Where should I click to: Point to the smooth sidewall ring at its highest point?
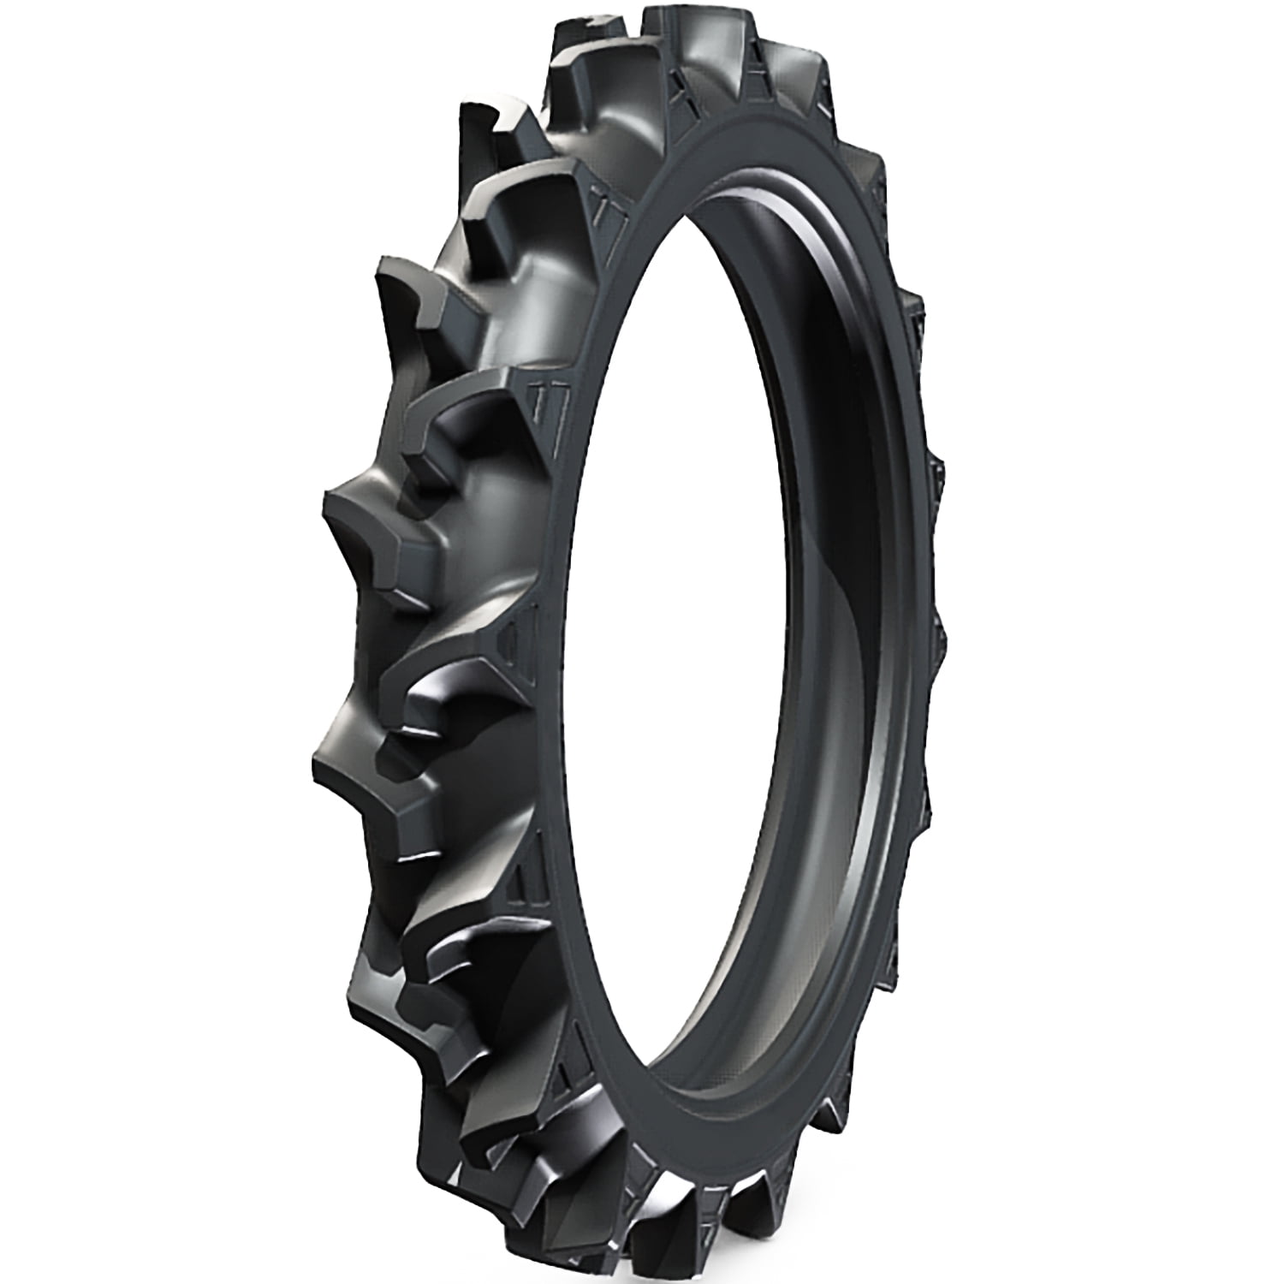tap(770, 128)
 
